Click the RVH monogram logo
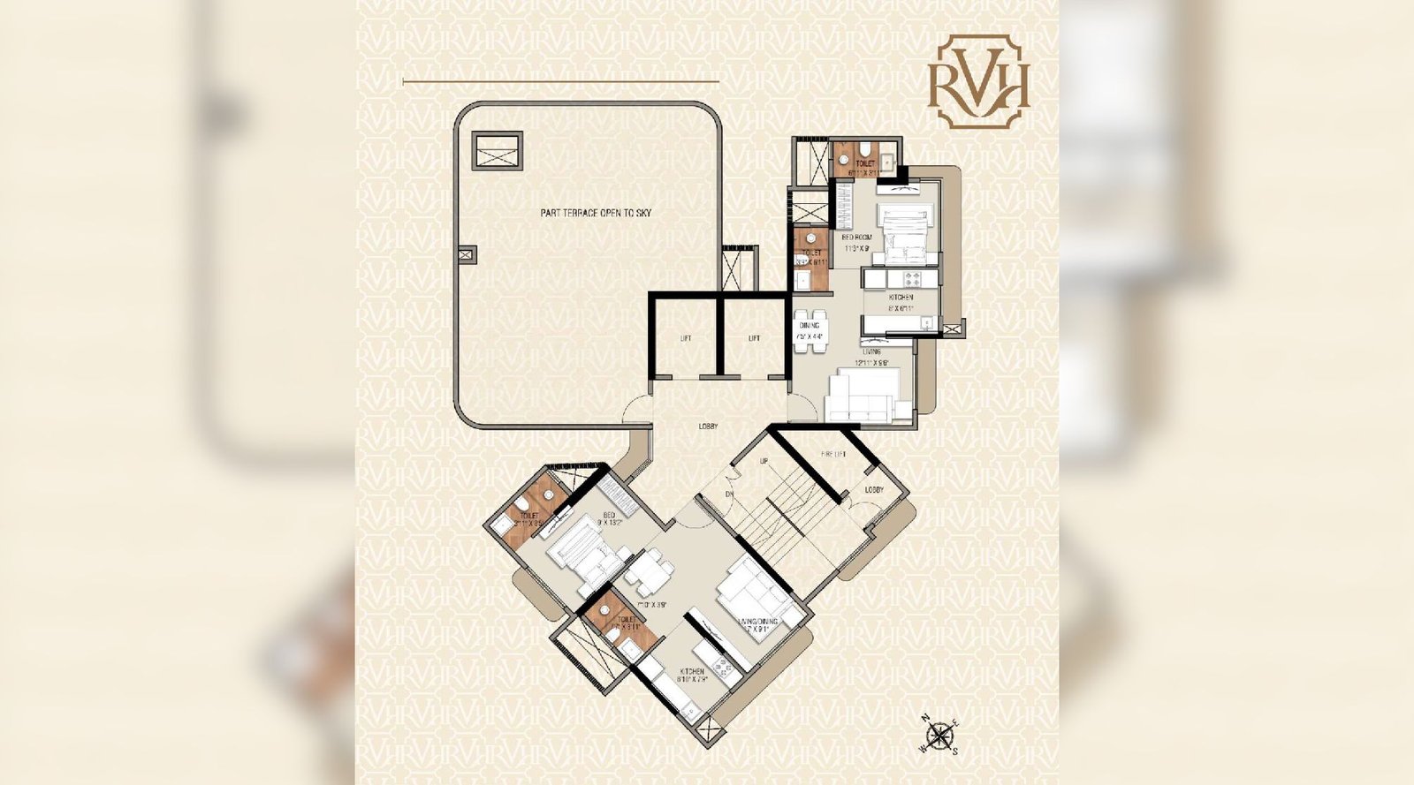(978, 81)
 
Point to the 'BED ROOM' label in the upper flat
(856, 238)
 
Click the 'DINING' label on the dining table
(809, 326)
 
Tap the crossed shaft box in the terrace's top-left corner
(497, 150)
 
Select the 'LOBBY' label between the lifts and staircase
(708, 426)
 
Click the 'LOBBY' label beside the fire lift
(874, 489)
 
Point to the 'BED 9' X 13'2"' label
(608, 518)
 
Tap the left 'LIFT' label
(686, 338)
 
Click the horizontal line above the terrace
(560, 82)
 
